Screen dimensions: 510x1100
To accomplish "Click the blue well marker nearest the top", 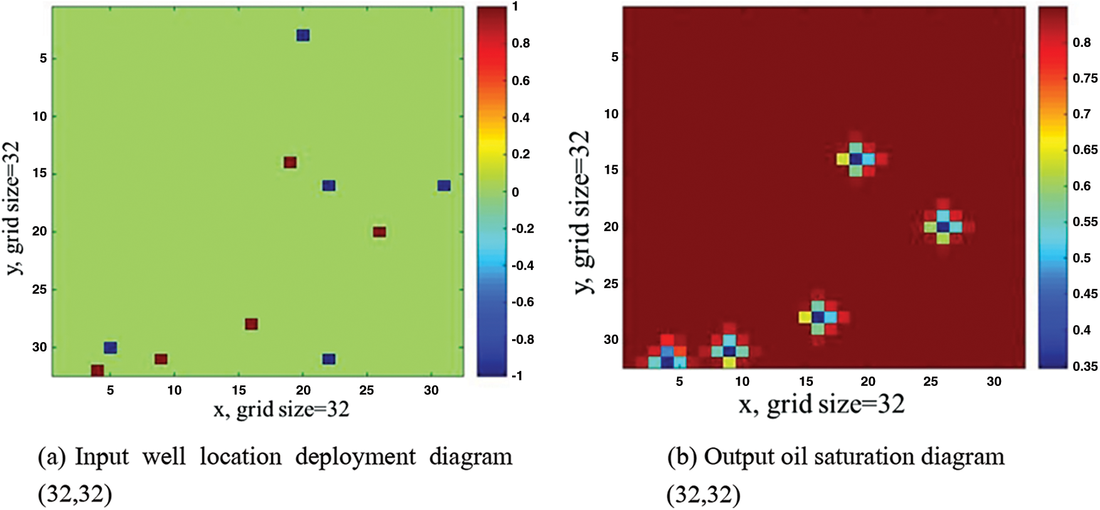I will click(303, 35).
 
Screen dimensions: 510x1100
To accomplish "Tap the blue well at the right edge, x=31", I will click(444, 185).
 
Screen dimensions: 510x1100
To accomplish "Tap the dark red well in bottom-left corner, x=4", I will click(97, 370).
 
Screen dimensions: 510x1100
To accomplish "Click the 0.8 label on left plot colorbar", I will click(520, 43).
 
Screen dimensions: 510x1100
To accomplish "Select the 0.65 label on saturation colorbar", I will click(1085, 150).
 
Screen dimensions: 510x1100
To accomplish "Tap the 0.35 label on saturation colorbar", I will click(1085, 367).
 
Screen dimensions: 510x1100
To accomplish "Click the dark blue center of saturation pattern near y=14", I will click(856, 159).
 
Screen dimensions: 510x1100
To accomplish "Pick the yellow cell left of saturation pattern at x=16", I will click(805, 318).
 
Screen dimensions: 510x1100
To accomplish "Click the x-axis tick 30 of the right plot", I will click(994, 382).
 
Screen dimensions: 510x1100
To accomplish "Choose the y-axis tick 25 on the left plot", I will click(39, 289).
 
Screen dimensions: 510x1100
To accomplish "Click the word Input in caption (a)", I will click(102, 457).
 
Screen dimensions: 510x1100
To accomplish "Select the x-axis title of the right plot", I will click(822, 405).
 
